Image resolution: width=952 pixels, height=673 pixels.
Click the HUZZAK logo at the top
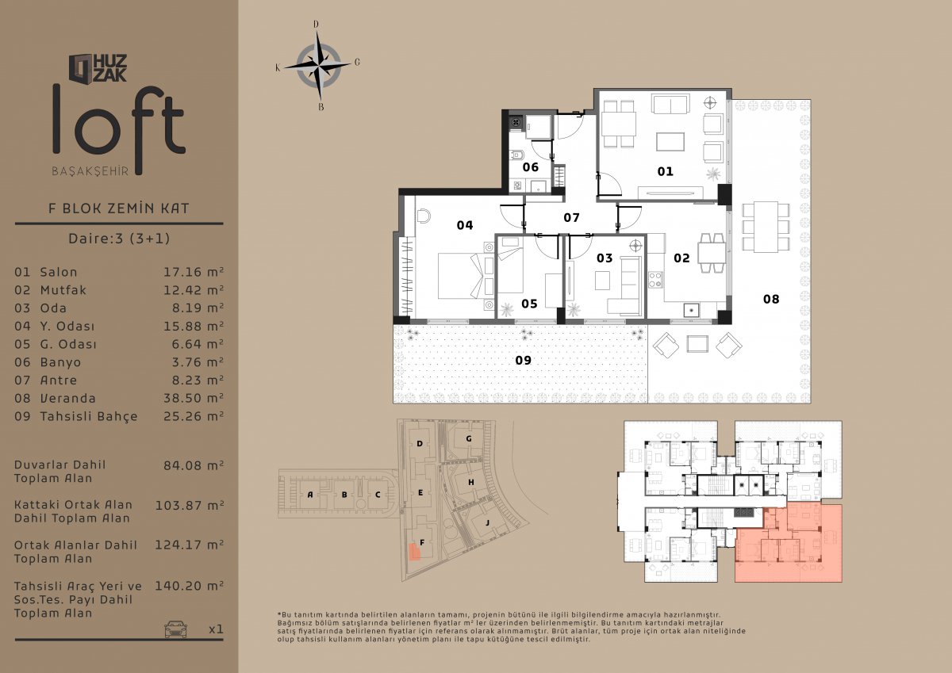98,68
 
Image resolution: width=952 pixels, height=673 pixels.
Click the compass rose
319,66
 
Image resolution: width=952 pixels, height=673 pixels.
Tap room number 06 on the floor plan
531,167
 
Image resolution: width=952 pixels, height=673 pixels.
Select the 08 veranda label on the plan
771,300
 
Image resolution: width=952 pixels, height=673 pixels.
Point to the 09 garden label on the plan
523,361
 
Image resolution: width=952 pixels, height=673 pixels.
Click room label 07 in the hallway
572,218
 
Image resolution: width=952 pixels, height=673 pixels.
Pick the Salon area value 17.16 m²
194,272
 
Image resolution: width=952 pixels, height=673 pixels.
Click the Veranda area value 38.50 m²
194,398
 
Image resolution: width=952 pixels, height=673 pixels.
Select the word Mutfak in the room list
63,290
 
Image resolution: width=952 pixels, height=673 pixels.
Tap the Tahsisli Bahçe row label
89,416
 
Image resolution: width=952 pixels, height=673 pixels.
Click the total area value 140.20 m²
189,586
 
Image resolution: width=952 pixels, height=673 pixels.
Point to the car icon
175,629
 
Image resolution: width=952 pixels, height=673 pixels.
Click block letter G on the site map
469,438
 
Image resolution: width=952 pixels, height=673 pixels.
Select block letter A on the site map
310,495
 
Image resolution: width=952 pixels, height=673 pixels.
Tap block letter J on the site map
487,522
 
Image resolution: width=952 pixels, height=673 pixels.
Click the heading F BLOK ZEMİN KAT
119,208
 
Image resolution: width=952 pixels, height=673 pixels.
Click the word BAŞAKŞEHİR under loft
90,171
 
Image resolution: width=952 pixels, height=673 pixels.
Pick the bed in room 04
461,276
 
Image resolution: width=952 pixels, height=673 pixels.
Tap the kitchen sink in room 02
692,310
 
